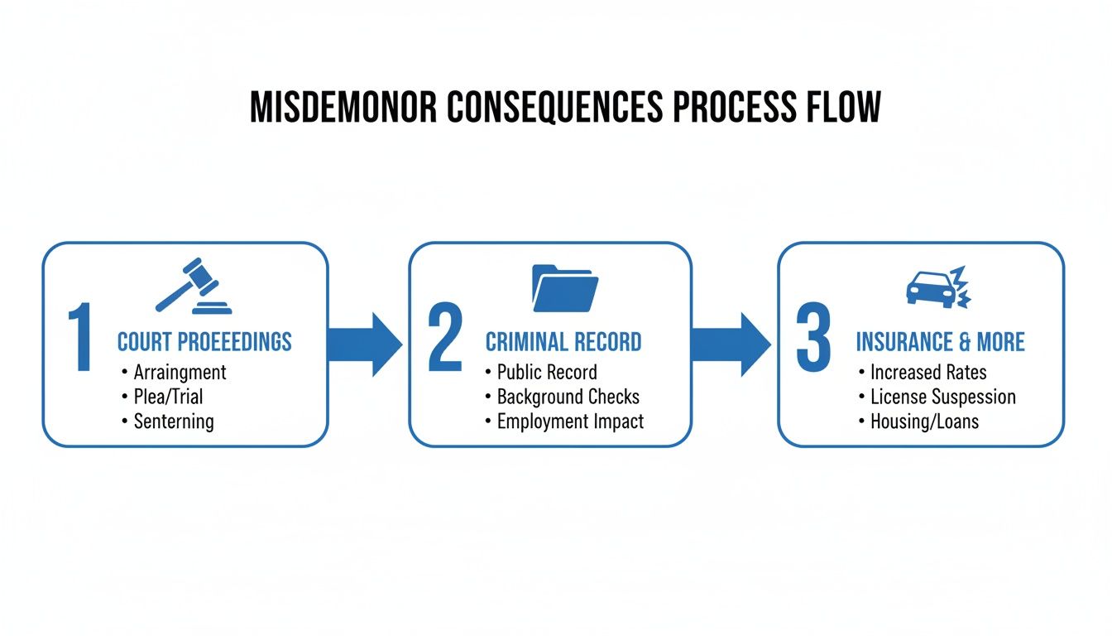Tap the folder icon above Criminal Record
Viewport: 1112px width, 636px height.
tap(564, 287)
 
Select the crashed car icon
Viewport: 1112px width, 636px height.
tap(937, 288)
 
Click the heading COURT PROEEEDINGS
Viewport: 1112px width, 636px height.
tap(204, 342)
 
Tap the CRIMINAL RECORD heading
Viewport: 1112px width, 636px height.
tap(563, 342)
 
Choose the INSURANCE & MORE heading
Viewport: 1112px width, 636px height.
tap(940, 342)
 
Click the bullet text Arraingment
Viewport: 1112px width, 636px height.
tap(180, 372)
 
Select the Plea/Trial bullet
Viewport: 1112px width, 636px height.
tap(168, 397)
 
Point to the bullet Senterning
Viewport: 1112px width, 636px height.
tap(174, 421)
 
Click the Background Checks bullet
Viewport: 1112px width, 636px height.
tap(568, 397)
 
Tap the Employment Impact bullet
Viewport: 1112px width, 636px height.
tap(570, 421)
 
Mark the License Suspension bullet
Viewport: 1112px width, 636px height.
tap(942, 397)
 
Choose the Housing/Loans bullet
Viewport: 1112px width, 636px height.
tap(924, 421)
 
